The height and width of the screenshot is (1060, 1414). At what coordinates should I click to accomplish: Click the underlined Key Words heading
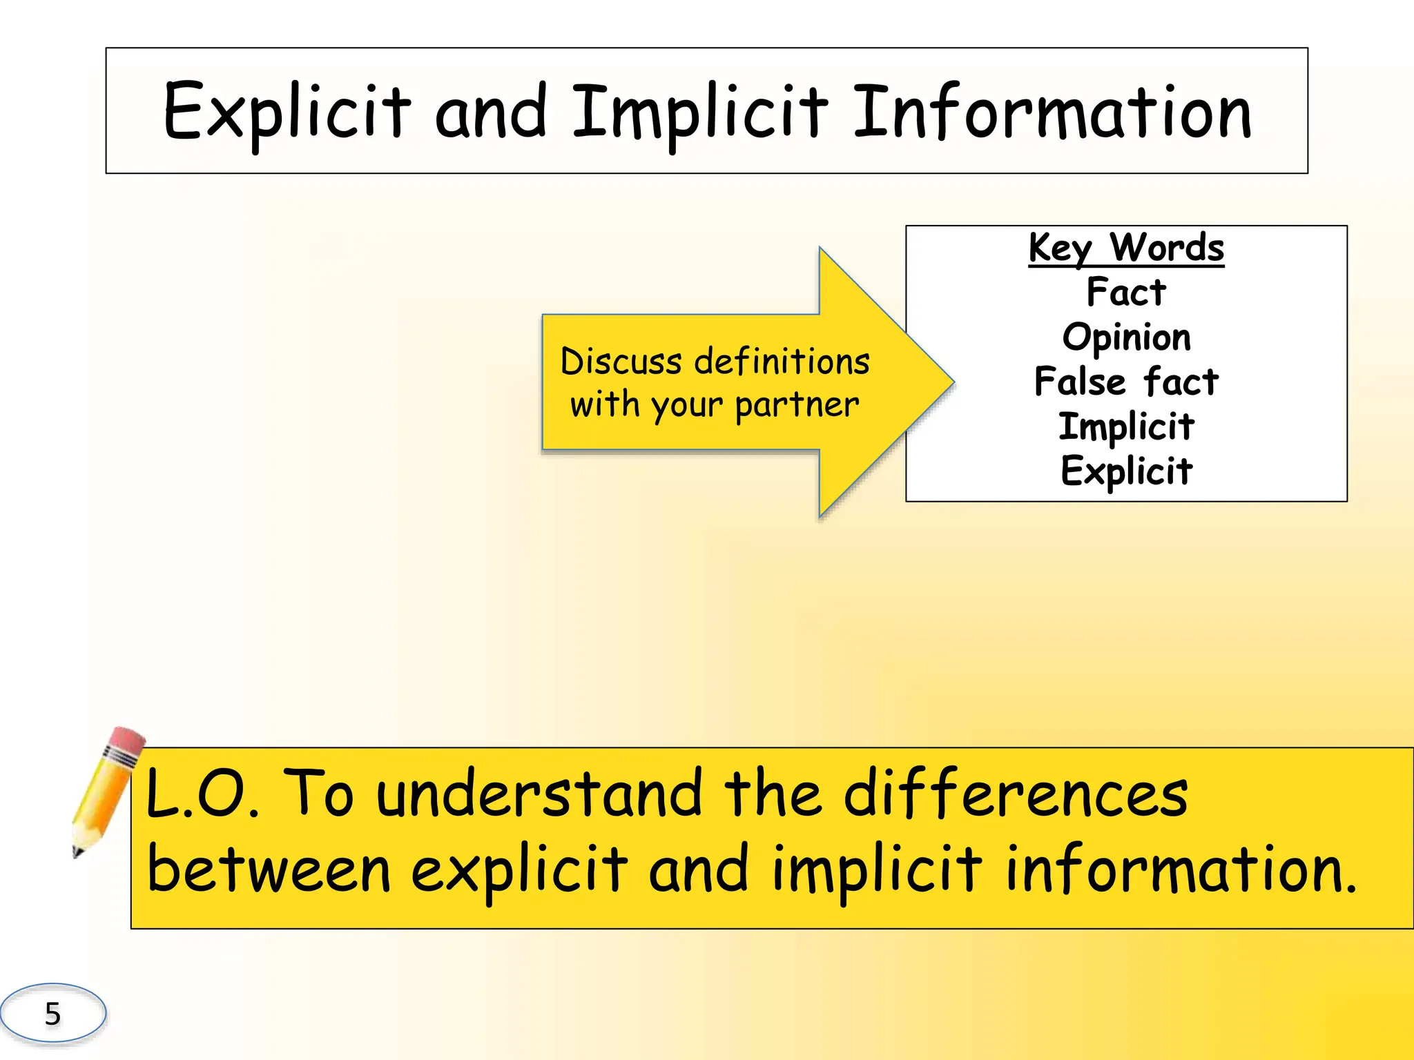[x=1126, y=248]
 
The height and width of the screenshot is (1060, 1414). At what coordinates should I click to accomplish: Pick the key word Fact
[x=1126, y=292]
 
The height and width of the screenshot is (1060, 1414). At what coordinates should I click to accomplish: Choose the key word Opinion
[x=1126, y=337]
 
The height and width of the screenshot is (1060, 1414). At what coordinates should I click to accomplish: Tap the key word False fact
[x=1126, y=382]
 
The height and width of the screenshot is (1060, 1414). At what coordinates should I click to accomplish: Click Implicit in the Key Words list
[x=1126, y=426]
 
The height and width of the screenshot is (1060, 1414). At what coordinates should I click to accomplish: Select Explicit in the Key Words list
[x=1126, y=471]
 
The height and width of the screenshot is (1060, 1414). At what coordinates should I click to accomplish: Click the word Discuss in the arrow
[x=621, y=362]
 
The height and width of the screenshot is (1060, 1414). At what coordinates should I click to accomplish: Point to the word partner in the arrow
[x=797, y=405]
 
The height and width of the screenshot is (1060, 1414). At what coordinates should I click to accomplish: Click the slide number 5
[x=52, y=1014]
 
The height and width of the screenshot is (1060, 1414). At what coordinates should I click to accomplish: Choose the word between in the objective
[x=269, y=870]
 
